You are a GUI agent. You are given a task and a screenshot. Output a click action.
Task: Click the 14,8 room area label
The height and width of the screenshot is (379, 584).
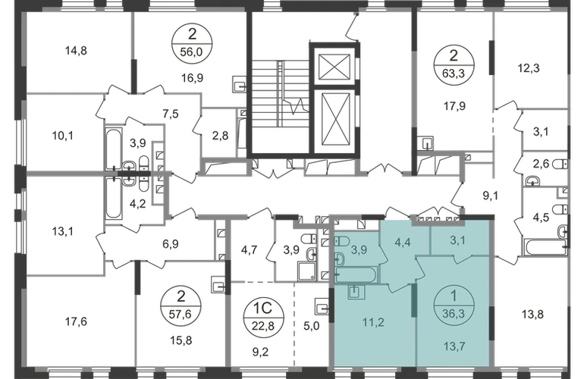[76, 50]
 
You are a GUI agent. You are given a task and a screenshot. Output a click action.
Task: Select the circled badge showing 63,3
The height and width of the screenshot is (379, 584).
[454, 64]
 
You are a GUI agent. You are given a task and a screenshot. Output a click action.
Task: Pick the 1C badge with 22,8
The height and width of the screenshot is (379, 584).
[263, 316]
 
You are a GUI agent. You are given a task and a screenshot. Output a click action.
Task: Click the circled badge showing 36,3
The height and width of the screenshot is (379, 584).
[454, 304]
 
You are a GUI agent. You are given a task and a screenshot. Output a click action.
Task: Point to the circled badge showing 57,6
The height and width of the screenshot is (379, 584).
[181, 306]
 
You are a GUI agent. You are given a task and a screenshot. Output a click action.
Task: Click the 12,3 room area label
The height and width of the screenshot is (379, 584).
[529, 68]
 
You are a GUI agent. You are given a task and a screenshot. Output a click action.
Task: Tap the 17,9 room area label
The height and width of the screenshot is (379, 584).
[454, 106]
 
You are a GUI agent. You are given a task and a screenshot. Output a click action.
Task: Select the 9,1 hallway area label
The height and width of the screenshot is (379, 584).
[491, 196]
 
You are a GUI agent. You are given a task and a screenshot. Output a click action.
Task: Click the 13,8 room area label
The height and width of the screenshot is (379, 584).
[532, 315]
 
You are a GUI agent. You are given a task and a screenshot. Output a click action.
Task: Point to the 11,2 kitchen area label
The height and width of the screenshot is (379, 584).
[373, 322]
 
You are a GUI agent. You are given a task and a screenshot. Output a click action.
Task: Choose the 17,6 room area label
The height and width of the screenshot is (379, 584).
[76, 321]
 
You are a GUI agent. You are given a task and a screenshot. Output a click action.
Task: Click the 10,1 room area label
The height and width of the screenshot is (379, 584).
[62, 136]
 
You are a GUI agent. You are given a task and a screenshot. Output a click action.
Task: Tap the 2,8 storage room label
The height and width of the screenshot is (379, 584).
[220, 136]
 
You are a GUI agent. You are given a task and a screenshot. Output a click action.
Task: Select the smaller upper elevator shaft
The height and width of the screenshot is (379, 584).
[334, 67]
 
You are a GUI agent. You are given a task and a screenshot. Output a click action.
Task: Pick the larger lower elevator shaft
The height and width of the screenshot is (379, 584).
[335, 119]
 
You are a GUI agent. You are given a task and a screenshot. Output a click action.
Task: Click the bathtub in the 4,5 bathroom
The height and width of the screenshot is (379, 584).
[545, 248]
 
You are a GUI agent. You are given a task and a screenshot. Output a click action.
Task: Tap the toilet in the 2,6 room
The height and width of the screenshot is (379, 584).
[560, 164]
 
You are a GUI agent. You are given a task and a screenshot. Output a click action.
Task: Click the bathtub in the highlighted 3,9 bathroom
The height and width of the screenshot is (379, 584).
[356, 275]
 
